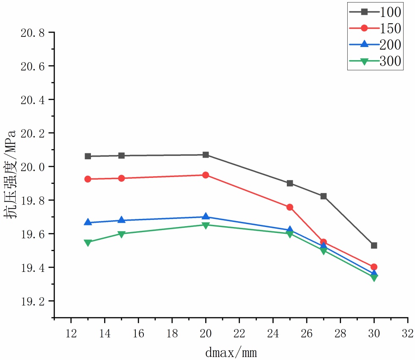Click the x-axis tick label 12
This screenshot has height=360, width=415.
[x=71, y=333]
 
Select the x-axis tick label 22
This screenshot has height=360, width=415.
[x=239, y=333]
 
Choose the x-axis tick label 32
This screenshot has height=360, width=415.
[x=408, y=333]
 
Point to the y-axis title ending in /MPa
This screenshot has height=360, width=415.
[x=11, y=174]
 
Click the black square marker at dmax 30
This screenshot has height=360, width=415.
[x=374, y=246]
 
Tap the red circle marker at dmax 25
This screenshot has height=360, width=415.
[x=290, y=207]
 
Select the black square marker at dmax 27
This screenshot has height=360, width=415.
[x=324, y=196]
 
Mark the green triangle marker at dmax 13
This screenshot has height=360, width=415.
[x=88, y=243]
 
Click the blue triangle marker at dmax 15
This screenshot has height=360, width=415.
[x=121, y=220]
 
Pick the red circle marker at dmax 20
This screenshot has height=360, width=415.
[x=206, y=175]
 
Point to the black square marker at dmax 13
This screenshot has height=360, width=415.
[x=88, y=156]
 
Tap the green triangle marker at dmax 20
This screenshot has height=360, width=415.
[x=206, y=225]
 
